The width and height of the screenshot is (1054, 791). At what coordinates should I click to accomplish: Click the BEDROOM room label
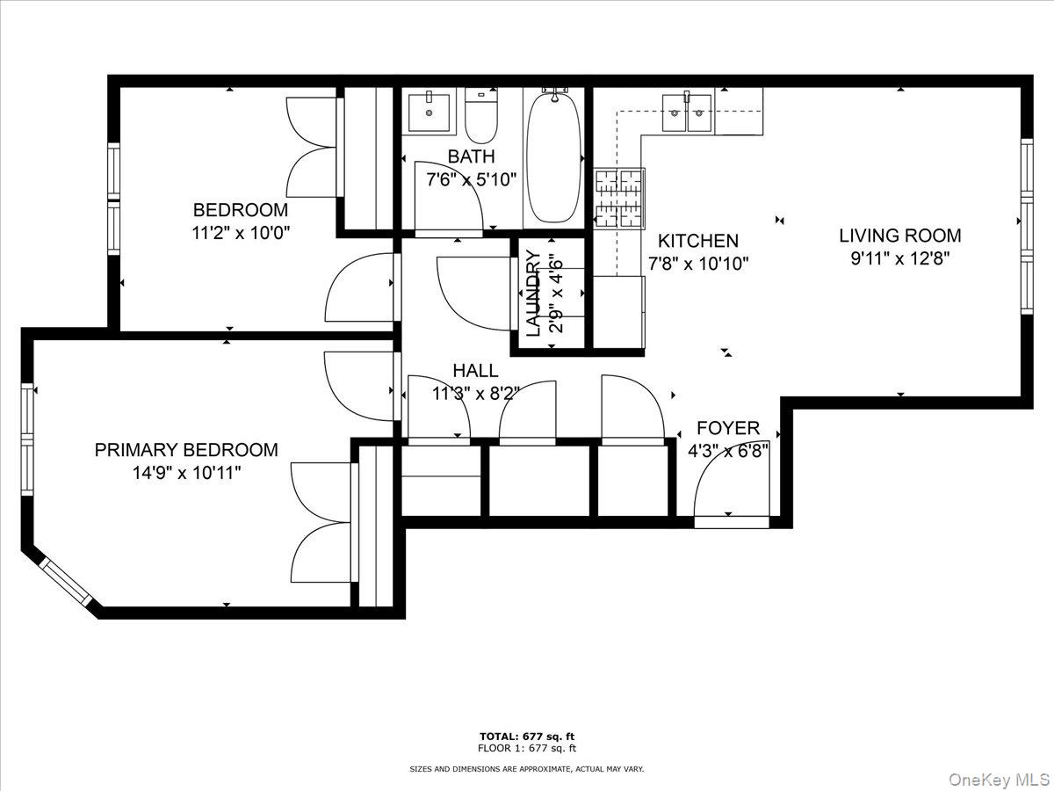[240, 210]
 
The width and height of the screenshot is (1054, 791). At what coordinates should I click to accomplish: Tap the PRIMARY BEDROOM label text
[186, 450]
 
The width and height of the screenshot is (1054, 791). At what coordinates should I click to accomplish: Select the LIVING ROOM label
[899, 236]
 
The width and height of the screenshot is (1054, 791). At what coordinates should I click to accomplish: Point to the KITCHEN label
[698, 241]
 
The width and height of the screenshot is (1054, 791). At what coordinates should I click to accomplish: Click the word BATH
[471, 156]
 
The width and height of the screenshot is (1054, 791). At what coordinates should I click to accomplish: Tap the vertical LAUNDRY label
[533, 294]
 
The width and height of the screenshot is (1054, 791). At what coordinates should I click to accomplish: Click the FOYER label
[727, 429]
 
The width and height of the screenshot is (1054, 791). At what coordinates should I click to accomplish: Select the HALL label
[475, 371]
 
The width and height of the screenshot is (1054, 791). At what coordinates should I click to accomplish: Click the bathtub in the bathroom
[553, 158]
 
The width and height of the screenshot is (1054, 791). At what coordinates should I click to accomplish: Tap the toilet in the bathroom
[480, 120]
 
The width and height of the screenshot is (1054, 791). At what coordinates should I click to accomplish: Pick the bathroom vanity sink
[430, 111]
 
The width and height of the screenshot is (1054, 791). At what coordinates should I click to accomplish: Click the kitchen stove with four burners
[620, 199]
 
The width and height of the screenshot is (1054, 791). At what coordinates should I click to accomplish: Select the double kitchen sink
[687, 112]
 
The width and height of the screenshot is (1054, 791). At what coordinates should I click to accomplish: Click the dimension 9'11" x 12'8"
[900, 258]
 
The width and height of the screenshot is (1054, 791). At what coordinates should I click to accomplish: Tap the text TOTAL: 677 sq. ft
[527, 737]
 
